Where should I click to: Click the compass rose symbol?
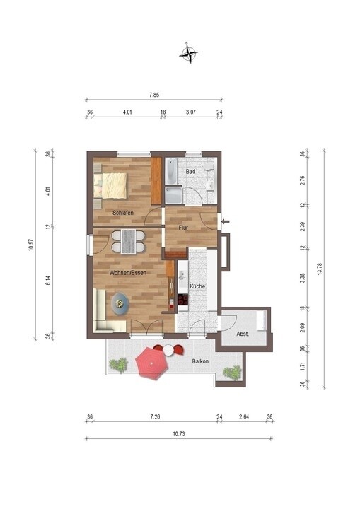(x=188, y=52)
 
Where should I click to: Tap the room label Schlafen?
(x=122, y=213)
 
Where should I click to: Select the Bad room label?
(x=190, y=172)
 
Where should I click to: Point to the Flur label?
(x=183, y=228)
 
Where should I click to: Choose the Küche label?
(x=197, y=286)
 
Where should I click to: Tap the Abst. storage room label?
(x=242, y=334)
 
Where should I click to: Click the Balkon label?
(x=201, y=361)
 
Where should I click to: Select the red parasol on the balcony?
(x=151, y=361)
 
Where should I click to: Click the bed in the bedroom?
(x=111, y=185)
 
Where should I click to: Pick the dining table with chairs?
(x=129, y=242)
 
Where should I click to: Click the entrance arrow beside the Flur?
(x=226, y=222)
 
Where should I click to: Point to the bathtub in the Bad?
(x=172, y=171)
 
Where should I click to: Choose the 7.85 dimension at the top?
(x=153, y=94)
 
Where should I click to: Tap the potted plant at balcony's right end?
(x=231, y=372)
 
